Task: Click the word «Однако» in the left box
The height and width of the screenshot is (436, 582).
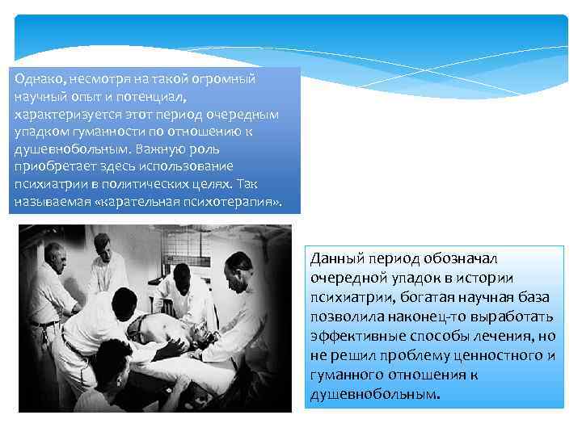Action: click(x=34, y=80)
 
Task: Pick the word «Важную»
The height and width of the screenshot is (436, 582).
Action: click(x=158, y=149)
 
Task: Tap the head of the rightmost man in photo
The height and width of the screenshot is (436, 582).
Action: click(x=240, y=264)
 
